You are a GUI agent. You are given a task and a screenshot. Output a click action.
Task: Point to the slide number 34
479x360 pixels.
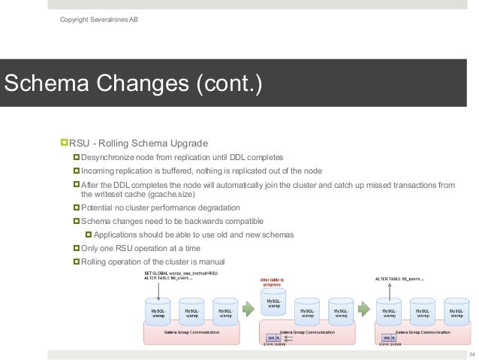471,354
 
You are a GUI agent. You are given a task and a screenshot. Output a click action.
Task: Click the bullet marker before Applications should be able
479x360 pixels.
88,234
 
